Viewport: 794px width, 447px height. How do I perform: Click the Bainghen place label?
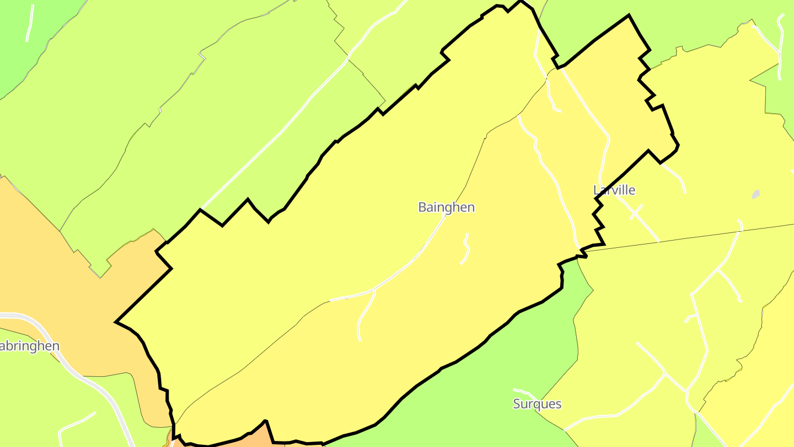tap(446, 207)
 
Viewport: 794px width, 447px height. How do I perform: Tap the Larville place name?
tap(614, 190)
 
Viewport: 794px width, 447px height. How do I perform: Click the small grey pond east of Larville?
tap(755, 194)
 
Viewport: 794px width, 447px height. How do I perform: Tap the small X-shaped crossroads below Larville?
tap(636, 212)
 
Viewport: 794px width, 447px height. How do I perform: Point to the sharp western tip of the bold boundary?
tap(116, 322)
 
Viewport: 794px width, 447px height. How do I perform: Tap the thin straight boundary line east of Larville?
tap(689, 237)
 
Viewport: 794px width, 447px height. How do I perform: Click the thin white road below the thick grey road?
tap(77, 422)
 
